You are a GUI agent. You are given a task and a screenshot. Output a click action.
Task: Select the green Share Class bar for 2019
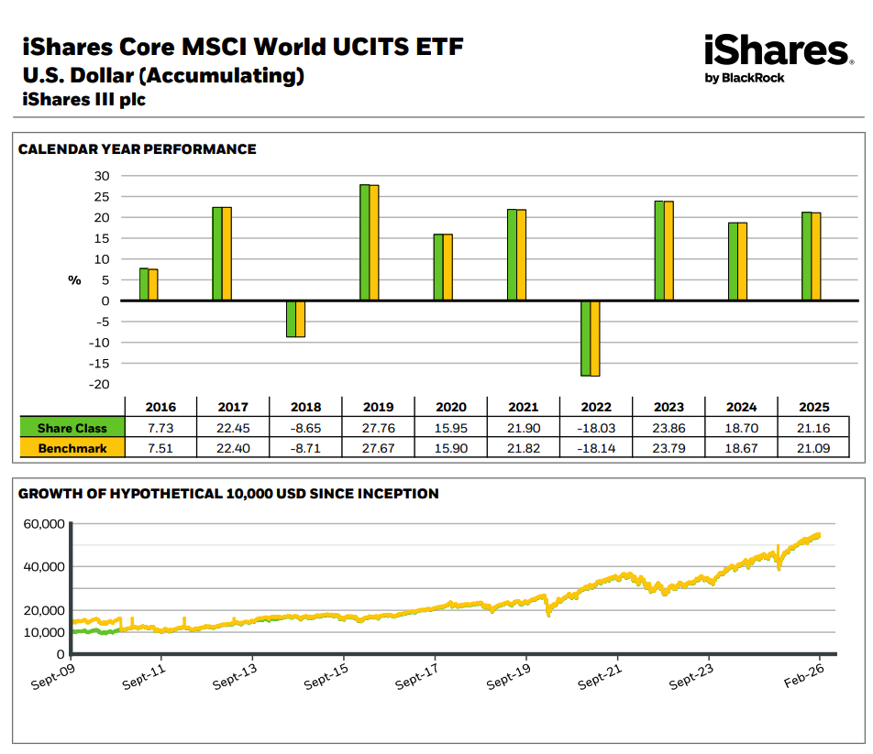coord(365,243)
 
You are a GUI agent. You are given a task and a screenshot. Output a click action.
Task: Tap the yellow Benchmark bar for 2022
coord(594,338)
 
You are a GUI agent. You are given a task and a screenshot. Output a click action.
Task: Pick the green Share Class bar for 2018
coord(291,319)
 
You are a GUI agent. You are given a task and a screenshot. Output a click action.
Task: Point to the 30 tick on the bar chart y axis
coord(102,176)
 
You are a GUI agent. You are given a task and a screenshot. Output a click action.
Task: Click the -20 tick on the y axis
coord(99,384)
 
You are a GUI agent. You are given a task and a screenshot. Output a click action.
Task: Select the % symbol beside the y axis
coord(75,280)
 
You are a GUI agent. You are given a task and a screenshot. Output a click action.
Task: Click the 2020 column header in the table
coord(451,407)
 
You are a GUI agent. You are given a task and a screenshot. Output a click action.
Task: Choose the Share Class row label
coord(72,428)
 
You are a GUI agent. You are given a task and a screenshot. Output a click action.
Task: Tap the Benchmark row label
coord(72,448)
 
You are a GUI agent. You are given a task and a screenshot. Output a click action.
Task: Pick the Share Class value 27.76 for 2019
coord(378,428)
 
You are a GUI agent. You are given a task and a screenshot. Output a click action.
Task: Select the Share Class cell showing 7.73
coord(160,428)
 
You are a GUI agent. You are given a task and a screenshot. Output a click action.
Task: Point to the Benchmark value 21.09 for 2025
coord(813,448)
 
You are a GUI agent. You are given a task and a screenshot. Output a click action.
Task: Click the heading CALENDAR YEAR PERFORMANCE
coord(138,149)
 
